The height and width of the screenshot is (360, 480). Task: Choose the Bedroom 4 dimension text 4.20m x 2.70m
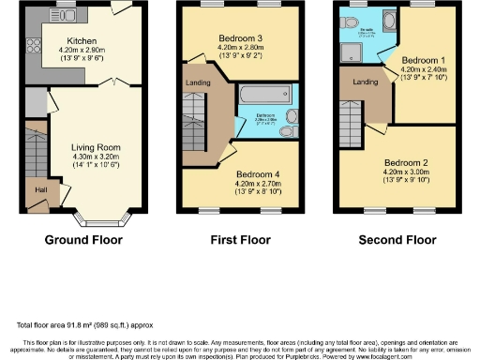coord(257,185)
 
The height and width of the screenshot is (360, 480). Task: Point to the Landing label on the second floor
coord(365,82)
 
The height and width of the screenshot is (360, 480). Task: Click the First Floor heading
coord(239,240)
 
